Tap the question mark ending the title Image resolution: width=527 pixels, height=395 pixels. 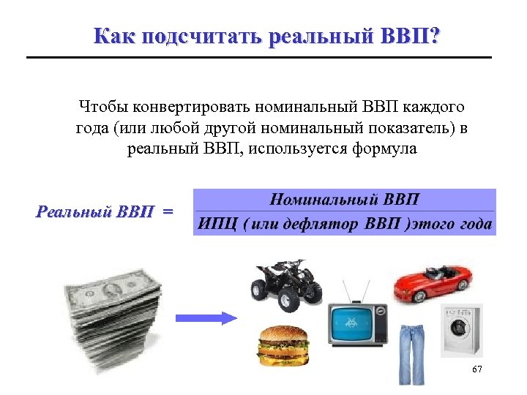436,36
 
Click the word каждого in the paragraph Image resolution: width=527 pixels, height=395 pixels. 430,107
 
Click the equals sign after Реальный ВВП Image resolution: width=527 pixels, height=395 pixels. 168,212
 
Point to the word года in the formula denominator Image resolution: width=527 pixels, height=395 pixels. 476,224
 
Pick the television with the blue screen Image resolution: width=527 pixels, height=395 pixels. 356,322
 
